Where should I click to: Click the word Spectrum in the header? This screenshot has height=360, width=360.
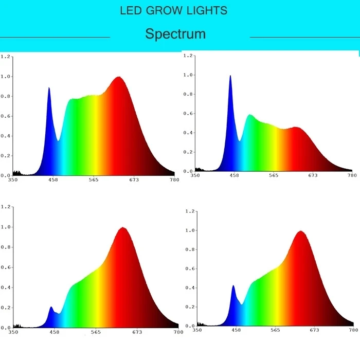point(175,34)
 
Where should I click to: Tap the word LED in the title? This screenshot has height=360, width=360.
point(129,11)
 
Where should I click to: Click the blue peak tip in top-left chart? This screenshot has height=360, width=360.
point(49,88)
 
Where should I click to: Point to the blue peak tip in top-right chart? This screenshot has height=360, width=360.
point(230,76)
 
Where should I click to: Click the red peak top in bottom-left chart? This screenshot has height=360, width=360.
point(122,228)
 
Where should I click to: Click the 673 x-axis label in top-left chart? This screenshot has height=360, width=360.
point(134,179)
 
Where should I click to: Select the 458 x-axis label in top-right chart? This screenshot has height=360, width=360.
point(235,176)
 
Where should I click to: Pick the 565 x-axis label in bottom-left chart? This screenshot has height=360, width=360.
point(95,332)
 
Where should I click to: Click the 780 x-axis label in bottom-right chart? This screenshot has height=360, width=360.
point(352,330)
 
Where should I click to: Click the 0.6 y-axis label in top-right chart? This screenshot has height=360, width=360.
point(188,114)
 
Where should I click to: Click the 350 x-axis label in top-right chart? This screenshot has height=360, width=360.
point(195,176)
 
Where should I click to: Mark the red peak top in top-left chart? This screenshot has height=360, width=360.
point(119,77)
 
